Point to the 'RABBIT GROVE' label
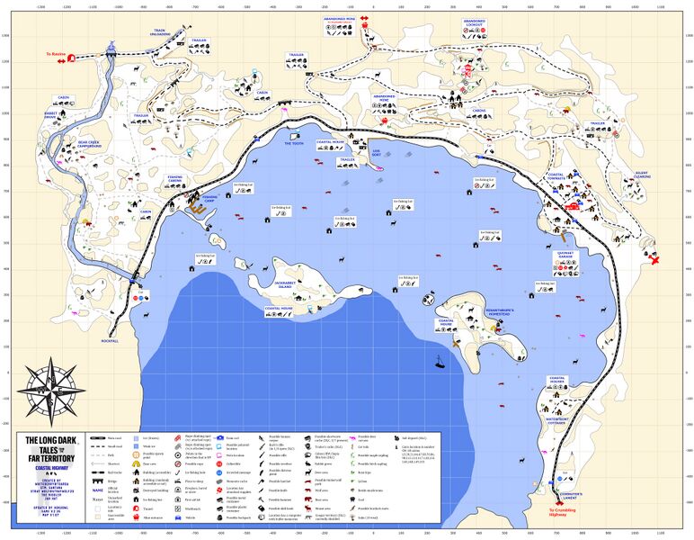50,115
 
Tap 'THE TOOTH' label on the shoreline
294,143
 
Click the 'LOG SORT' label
377,153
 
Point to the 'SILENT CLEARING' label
642,175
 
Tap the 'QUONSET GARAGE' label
564,256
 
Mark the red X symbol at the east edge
655,261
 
